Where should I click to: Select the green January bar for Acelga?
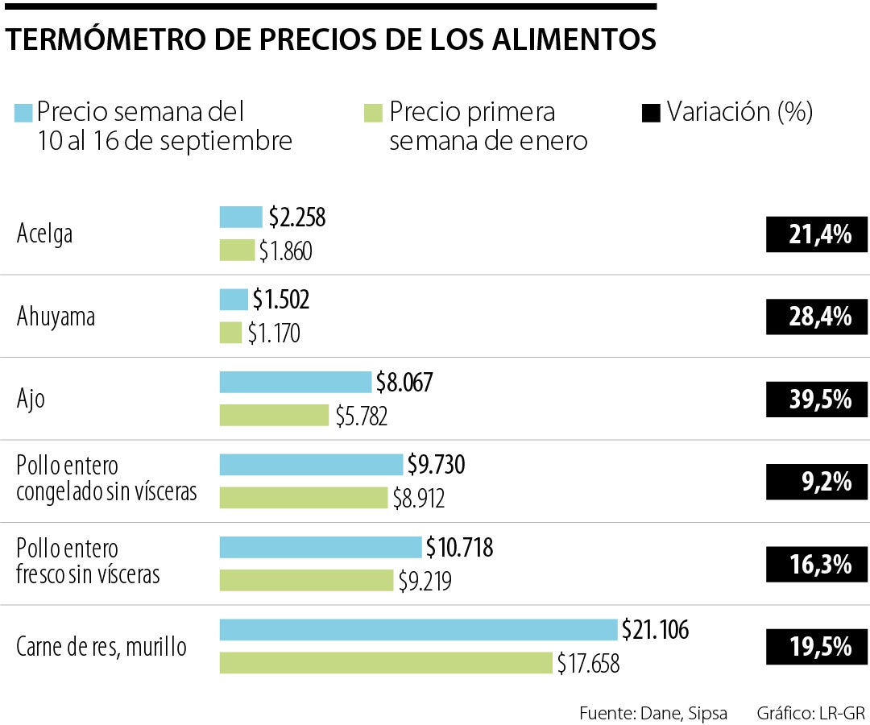tap(237, 251)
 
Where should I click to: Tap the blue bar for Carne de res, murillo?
tap(418, 629)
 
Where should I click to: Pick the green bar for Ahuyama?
tap(230, 333)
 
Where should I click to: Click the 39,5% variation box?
tap(817, 400)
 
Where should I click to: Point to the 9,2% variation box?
tap(817, 482)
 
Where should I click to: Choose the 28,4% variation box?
tap(817, 317)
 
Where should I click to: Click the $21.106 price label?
tap(655, 630)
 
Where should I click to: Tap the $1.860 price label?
tap(285, 252)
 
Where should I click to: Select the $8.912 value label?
tap(418, 499)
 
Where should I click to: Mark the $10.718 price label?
tap(459, 548)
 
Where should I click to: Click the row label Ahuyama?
tap(56, 317)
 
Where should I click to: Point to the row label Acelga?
tap(45, 234)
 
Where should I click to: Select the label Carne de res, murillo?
tap(101, 646)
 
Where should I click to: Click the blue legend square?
tap(23, 112)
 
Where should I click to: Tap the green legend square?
tap(373, 112)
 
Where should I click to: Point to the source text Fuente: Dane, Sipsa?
tap(652, 713)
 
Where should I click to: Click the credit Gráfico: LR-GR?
tap(810, 713)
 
